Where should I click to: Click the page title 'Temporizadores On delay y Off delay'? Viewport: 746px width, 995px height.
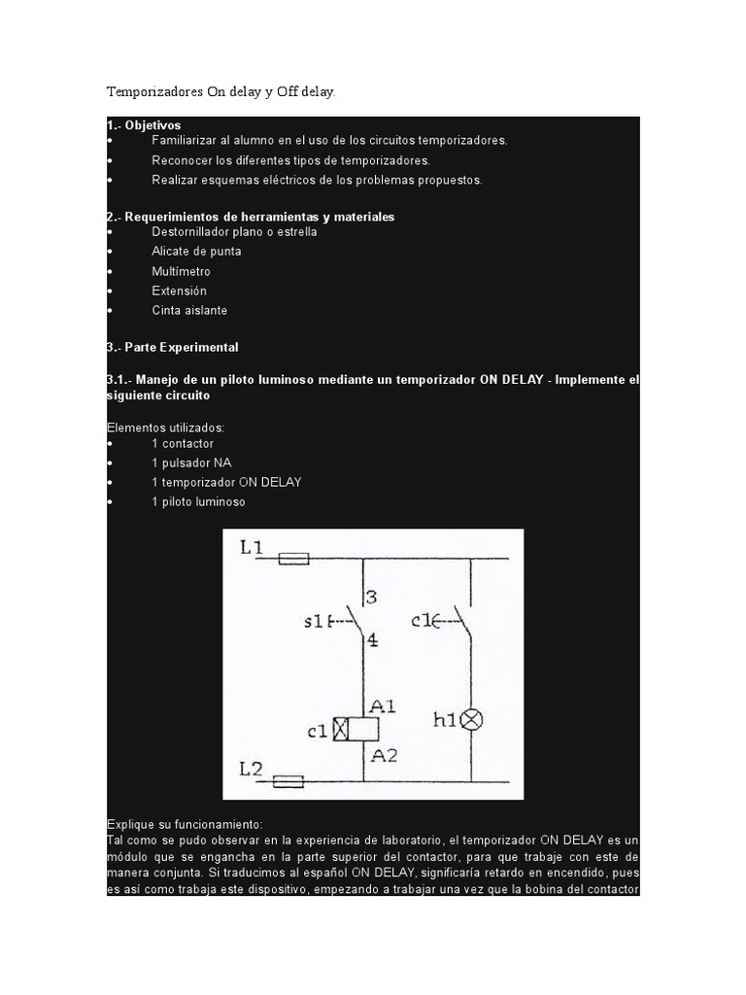(x=220, y=92)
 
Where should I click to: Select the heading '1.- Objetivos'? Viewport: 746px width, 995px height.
(x=144, y=125)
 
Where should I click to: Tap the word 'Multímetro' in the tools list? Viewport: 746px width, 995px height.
(x=181, y=271)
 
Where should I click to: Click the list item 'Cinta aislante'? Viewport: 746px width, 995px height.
(x=189, y=310)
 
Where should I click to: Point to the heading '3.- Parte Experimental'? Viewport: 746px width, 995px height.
(x=172, y=347)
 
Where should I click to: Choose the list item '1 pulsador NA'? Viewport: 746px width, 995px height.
(x=191, y=463)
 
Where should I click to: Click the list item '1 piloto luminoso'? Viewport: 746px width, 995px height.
(x=198, y=501)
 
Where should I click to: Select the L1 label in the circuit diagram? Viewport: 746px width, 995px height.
(x=251, y=549)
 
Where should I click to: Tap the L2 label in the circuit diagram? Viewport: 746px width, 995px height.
(x=251, y=769)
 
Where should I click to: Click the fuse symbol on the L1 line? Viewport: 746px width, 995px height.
(x=293, y=559)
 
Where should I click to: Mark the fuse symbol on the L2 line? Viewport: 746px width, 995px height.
(x=288, y=780)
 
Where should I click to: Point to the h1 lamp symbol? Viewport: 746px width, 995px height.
(x=471, y=720)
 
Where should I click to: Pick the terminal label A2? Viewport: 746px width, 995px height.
(x=382, y=754)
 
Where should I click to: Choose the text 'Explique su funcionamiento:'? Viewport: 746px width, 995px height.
(x=178, y=824)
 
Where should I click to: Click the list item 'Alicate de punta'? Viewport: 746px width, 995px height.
(x=196, y=252)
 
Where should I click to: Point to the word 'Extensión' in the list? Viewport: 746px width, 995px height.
(x=179, y=291)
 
